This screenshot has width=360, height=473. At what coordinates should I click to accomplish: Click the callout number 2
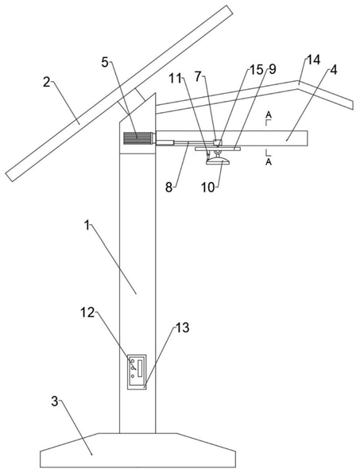pyautogui.click(x=46, y=82)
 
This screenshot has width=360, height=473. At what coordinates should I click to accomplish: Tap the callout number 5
pyautogui.click(x=105, y=63)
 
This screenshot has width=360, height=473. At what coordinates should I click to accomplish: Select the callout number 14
pyautogui.click(x=313, y=60)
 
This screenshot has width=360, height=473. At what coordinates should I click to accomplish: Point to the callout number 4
pyautogui.click(x=333, y=70)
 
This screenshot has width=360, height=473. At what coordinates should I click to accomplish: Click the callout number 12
pyautogui.click(x=87, y=312)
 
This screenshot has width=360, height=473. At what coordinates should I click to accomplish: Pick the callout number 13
pyautogui.click(x=183, y=328)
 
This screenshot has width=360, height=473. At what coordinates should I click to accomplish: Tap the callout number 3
pyautogui.click(x=54, y=401)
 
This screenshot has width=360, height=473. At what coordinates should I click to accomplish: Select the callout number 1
pyautogui.click(x=87, y=225)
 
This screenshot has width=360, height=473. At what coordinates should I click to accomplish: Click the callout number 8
pyautogui.click(x=168, y=188)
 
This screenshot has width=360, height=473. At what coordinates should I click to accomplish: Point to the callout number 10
pyautogui.click(x=208, y=188)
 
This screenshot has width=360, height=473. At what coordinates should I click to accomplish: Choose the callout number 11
pyautogui.click(x=175, y=79)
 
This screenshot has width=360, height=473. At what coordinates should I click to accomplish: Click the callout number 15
pyautogui.click(x=255, y=70)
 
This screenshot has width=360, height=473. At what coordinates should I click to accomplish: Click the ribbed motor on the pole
pyautogui.click(x=138, y=138)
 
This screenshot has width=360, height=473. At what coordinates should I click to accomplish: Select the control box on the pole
pyautogui.click(x=137, y=372)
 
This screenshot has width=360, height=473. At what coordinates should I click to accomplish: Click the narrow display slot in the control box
pyautogui.click(x=140, y=368)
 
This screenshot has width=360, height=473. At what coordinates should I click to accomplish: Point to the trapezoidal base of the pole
pyautogui.click(x=137, y=450)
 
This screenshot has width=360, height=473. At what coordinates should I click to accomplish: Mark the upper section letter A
pyautogui.click(x=269, y=114)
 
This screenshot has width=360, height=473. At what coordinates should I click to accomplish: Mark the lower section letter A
pyautogui.click(x=269, y=162)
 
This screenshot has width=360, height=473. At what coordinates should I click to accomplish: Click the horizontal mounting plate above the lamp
pyautogui.click(x=218, y=149)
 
